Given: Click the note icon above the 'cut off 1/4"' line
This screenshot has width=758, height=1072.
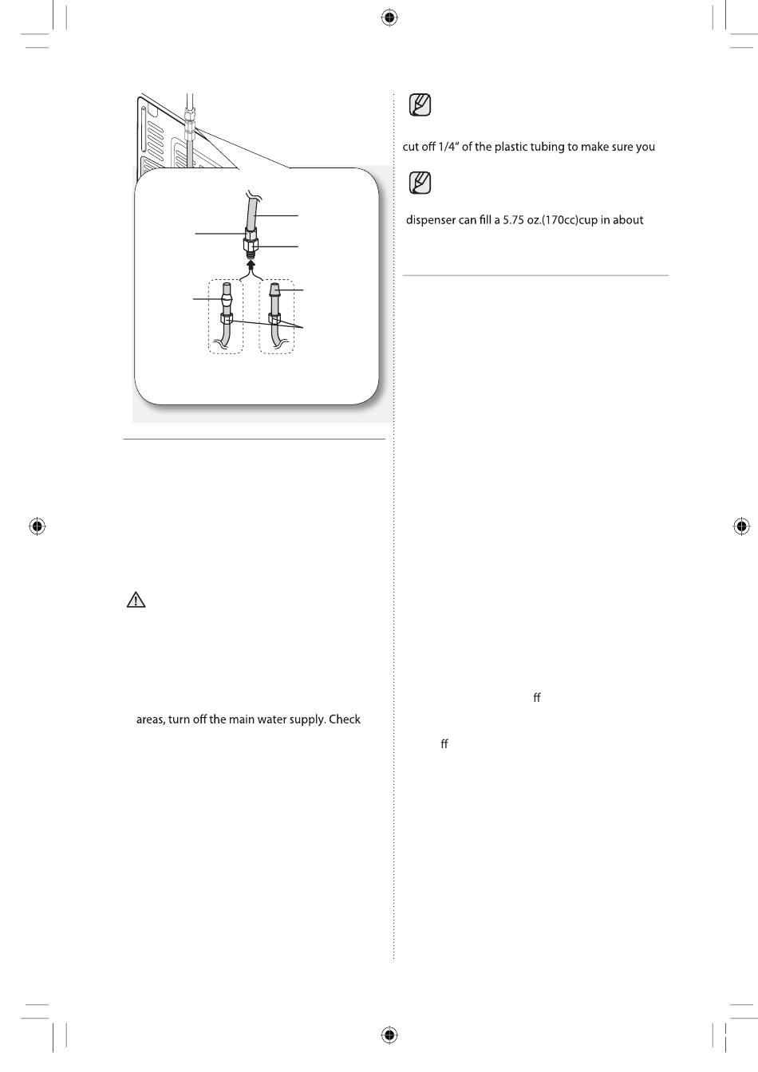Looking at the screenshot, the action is click(420, 104).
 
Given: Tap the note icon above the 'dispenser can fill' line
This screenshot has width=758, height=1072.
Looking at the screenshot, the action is click(420, 183).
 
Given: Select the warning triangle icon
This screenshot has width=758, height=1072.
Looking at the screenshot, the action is click(136, 600).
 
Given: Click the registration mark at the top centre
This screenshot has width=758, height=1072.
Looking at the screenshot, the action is click(389, 18).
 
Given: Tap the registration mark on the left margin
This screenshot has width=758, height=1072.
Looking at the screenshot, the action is click(37, 526).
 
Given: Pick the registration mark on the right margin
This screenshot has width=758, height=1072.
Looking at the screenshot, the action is click(740, 526).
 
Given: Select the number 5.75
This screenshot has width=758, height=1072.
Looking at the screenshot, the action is click(513, 220).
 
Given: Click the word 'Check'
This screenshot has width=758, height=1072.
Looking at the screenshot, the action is click(344, 719).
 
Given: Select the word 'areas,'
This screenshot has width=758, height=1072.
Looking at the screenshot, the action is click(150, 719).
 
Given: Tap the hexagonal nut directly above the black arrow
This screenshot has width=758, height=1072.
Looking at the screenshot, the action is click(250, 245).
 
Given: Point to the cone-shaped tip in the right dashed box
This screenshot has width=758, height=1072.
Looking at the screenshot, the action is click(274, 289).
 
